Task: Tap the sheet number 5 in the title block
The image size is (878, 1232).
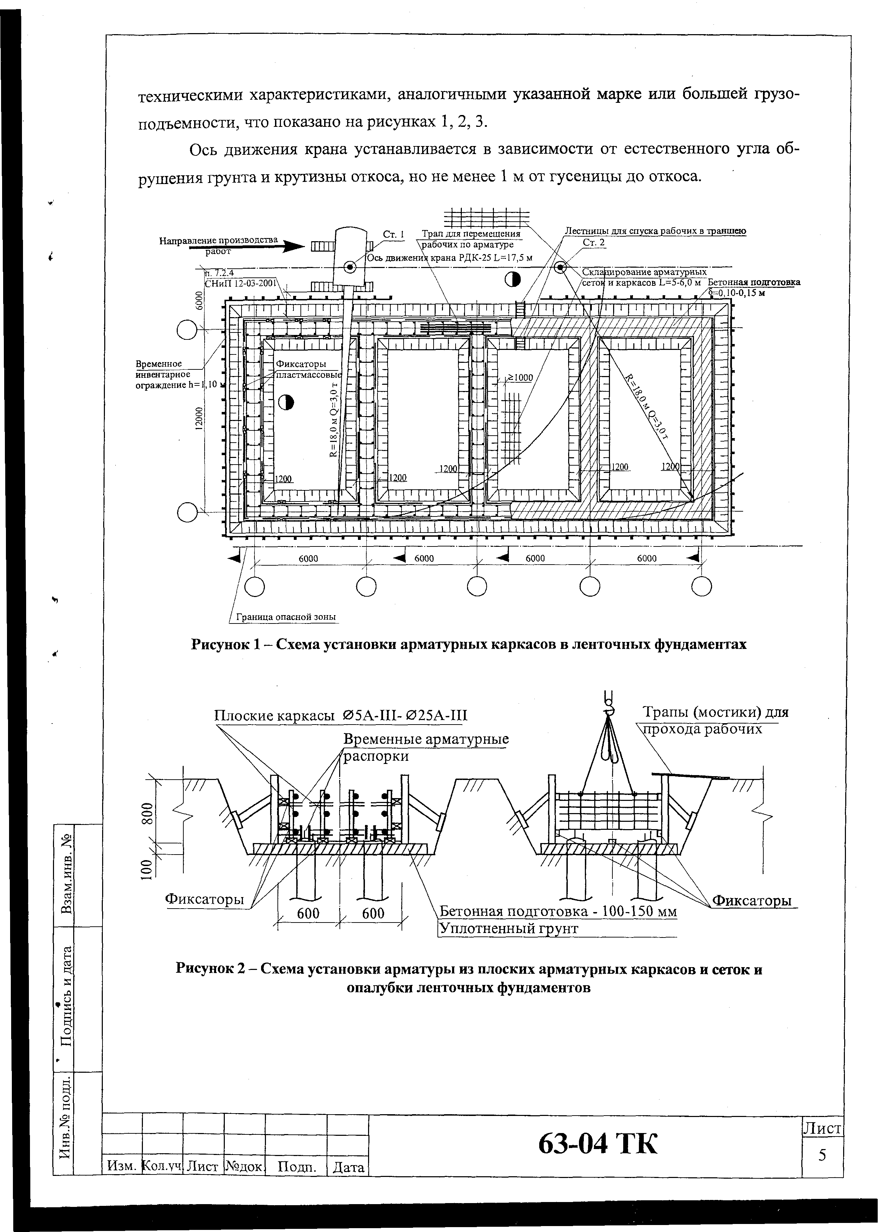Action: [x=822, y=1155]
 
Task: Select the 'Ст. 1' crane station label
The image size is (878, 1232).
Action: [x=394, y=235]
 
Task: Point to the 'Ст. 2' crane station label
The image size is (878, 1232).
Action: [x=594, y=243]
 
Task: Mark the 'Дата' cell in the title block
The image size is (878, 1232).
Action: [x=349, y=1168]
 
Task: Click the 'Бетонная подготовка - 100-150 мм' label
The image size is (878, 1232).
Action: [x=557, y=911]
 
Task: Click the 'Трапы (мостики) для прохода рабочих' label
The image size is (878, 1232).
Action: [x=715, y=721]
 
